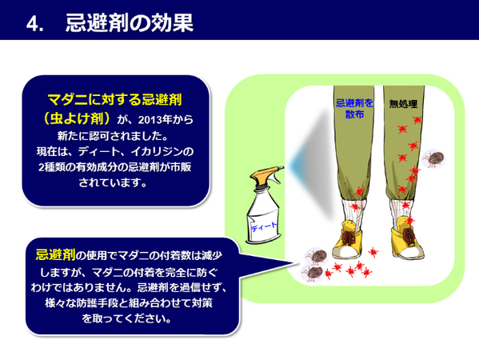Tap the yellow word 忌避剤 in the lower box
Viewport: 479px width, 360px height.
click(x=55, y=255)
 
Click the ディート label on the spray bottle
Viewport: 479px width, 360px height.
click(x=265, y=226)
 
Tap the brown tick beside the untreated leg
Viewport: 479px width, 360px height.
click(x=434, y=158)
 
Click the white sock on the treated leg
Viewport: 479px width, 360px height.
click(x=354, y=210)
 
